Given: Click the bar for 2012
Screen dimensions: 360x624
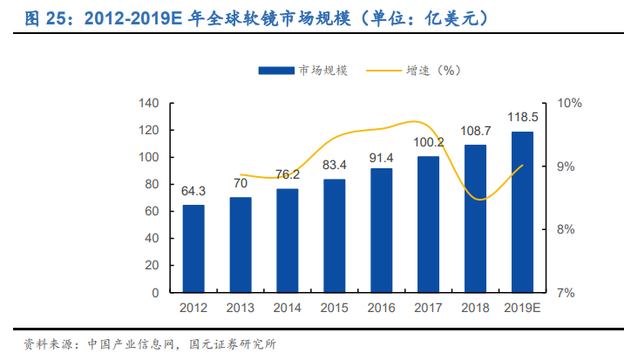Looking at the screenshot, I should pyautogui.click(x=193, y=248).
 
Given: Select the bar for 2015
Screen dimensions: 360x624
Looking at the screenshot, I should pyautogui.click(x=334, y=235).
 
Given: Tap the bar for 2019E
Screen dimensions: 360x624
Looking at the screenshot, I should pyautogui.click(x=523, y=212).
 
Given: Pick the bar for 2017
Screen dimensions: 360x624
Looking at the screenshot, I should pyautogui.click(x=429, y=224).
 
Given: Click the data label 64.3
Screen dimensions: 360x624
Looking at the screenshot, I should pyautogui.click(x=193, y=191).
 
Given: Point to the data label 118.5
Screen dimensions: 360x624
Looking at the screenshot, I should pyautogui.click(x=523, y=117).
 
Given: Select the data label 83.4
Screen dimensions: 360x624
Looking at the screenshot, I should pyautogui.click(x=334, y=165).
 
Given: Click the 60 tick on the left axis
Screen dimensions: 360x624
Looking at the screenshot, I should pyautogui.click(x=152, y=211).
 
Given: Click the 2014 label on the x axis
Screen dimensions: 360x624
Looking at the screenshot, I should pyautogui.click(x=287, y=307).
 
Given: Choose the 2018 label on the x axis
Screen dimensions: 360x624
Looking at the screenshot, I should pyautogui.click(x=476, y=307).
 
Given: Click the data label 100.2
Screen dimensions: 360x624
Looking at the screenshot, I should pyautogui.click(x=429, y=142).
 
